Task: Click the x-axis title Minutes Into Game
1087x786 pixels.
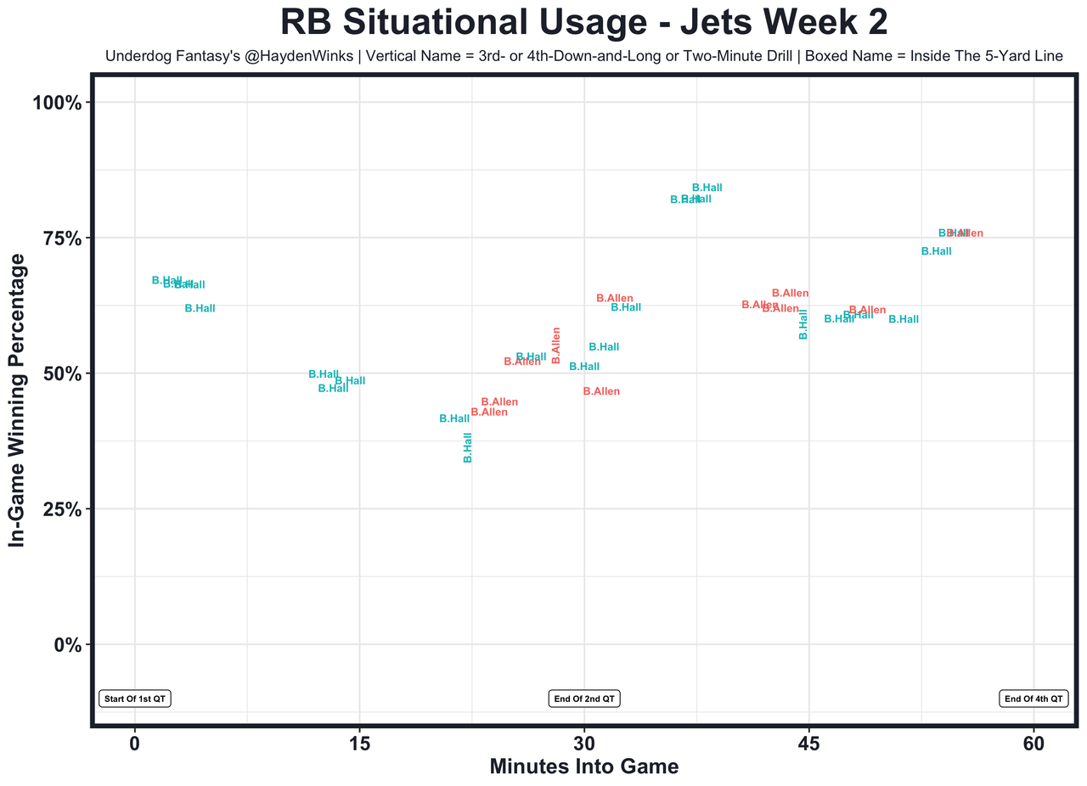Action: tap(584, 766)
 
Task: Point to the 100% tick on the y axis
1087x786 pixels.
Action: tap(57, 103)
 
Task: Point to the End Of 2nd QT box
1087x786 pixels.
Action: tap(584, 699)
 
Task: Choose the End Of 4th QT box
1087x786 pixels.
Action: tap(1033, 699)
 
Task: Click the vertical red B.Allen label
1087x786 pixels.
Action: tap(556, 345)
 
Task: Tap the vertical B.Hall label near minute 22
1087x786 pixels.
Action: tap(467, 447)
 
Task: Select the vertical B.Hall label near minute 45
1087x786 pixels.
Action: tap(803, 324)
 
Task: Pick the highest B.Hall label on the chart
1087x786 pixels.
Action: tap(707, 188)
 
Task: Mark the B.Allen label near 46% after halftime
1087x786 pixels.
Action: tap(601, 391)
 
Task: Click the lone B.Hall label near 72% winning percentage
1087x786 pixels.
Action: tap(936, 251)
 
